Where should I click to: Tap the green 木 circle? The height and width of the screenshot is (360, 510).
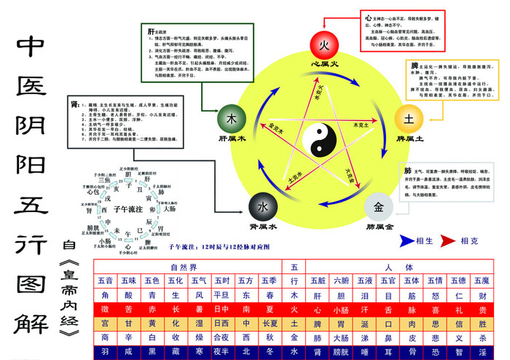coord(232,119)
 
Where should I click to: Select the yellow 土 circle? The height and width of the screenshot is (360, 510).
coord(408,118)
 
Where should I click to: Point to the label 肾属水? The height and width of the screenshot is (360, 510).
coord(264,227)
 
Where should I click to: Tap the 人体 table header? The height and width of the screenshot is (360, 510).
coord(399,267)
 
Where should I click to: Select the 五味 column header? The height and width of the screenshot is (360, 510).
coord(129,281)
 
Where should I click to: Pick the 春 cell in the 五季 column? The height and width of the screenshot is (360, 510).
coord(270,295)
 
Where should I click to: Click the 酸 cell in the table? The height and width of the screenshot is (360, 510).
coord(129,295)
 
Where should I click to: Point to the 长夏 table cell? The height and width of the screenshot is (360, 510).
coord(270,324)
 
